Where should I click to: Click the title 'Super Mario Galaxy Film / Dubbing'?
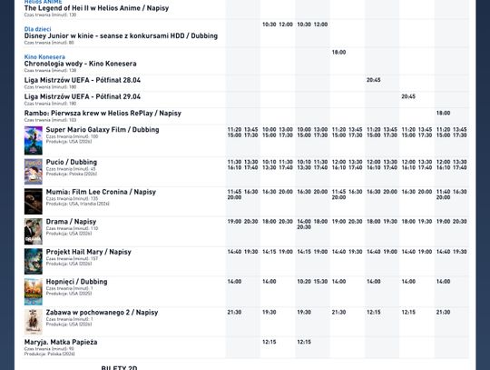point(103,130)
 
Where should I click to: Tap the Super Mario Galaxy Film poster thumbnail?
point(34,140)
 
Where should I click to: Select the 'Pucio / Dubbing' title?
point(72,162)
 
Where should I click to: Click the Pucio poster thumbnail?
point(34,171)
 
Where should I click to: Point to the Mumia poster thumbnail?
point(34,201)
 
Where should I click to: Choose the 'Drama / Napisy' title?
point(71,222)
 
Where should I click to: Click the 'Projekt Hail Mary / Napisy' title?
point(88,252)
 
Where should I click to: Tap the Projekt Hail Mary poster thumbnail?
point(34,261)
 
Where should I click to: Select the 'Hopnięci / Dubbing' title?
point(76,282)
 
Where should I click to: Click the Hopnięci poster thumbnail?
point(34,291)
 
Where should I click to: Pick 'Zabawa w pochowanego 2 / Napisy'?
point(102,312)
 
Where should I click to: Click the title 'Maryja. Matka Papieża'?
point(61,342)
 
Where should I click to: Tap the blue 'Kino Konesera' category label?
point(44,57)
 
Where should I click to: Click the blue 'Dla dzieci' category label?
point(38,29)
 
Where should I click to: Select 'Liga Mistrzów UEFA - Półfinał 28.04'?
point(83,80)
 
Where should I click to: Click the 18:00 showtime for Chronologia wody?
point(338,53)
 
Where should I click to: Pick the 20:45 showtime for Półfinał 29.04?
point(408,96)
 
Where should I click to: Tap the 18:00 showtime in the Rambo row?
point(443,114)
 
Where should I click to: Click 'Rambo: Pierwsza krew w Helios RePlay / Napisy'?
point(103,113)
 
